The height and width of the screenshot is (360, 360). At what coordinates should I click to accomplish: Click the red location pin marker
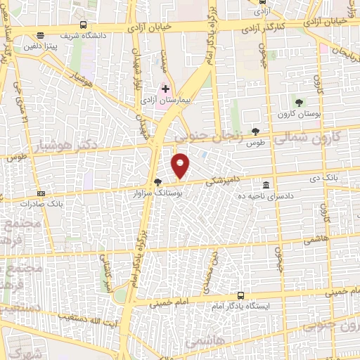pos(181,165)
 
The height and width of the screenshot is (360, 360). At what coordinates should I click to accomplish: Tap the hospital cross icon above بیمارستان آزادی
pos(166,89)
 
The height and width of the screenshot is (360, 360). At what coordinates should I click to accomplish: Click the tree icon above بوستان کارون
pos(300,103)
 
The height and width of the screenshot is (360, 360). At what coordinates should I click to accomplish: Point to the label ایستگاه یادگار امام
pos(243,306)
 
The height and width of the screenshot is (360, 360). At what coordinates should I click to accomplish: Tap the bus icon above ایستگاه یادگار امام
pos(242,295)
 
